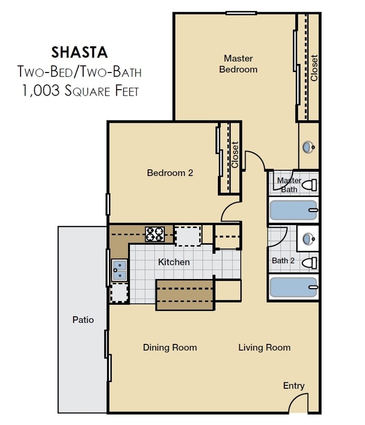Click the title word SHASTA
pyautogui.click(x=79, y=52)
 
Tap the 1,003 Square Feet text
pyautogui.click(x=80, y=91)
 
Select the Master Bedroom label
pyautogui.click(x=238, y=64)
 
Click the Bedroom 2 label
pyautogui.click(x=170, y=173)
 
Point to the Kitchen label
pyautogui.click(x=174, y=262)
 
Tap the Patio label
pyautogui.click(x=83, y=319)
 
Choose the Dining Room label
pyautogui.click(x=169, y=347)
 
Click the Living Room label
pyautogui.click(x=264, y=347)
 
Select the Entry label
pyautogui.click(x=293, y=386)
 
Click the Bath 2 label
pyautogui.click(x=283, y=260)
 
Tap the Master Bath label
pyautogui.click(x=289, y=185)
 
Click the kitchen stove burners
pyautogui.click(x=155, y=234)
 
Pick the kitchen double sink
pyautogui.click(x=119, y=269)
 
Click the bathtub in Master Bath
pyautogui.click(x=293, y=210)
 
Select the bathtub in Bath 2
pyautogui.click(x=293, y=287)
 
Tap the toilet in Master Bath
pyautogui.click(x=310, y=185)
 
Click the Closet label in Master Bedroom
pyautogui.click(x=314, y=67)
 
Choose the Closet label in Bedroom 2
pyautogui.click(x=235, y=155)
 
